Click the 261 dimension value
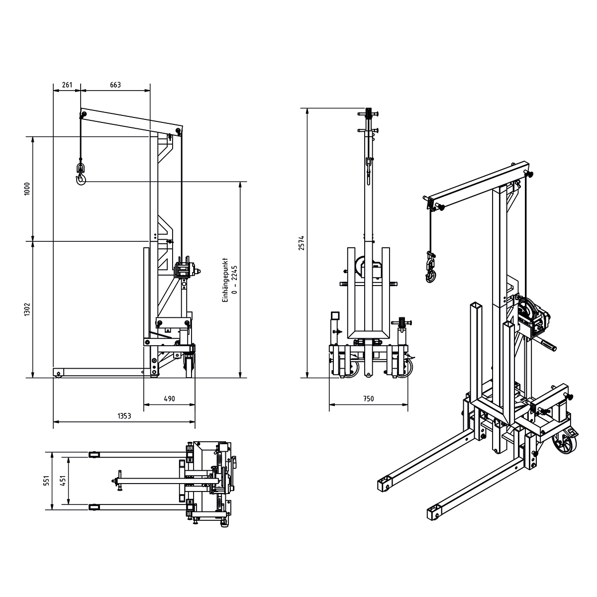tap(67, 85)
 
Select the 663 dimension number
tap(115, 85)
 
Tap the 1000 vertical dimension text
tap(27, 189)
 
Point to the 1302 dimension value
tap(27, 309)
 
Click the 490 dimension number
tap(170, 398)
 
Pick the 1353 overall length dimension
tap(124, 416)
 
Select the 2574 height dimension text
tap(301, 243)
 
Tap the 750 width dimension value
tap(368, 398)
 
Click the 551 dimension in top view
tap(46, 481)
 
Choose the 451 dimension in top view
tap(64, 481)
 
